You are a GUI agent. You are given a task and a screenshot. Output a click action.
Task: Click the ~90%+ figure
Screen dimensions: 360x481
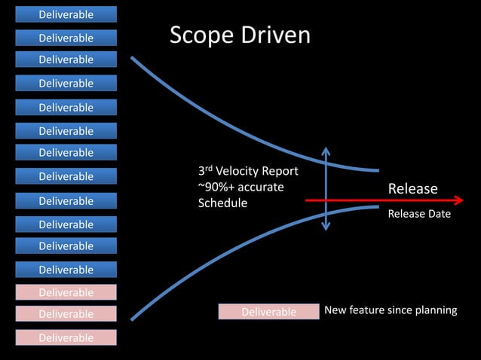[216, 187]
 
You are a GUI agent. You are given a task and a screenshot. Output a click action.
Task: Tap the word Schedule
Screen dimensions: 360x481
[222, 203]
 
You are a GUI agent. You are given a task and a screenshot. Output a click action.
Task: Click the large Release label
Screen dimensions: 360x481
[412, 188]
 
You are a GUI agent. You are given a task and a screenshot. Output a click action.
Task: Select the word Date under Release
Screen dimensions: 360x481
[437, 214]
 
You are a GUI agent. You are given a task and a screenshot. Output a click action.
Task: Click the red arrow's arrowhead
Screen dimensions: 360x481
[458, 200]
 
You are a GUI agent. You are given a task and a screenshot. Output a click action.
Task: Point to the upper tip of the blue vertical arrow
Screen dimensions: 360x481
[326, 149]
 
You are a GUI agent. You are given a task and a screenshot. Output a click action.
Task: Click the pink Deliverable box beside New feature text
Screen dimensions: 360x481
[268, 312]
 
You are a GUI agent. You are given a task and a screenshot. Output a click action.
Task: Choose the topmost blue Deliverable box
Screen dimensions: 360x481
[66, 14]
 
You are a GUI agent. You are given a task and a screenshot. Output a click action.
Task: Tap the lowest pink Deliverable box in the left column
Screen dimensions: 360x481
[66, 337]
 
